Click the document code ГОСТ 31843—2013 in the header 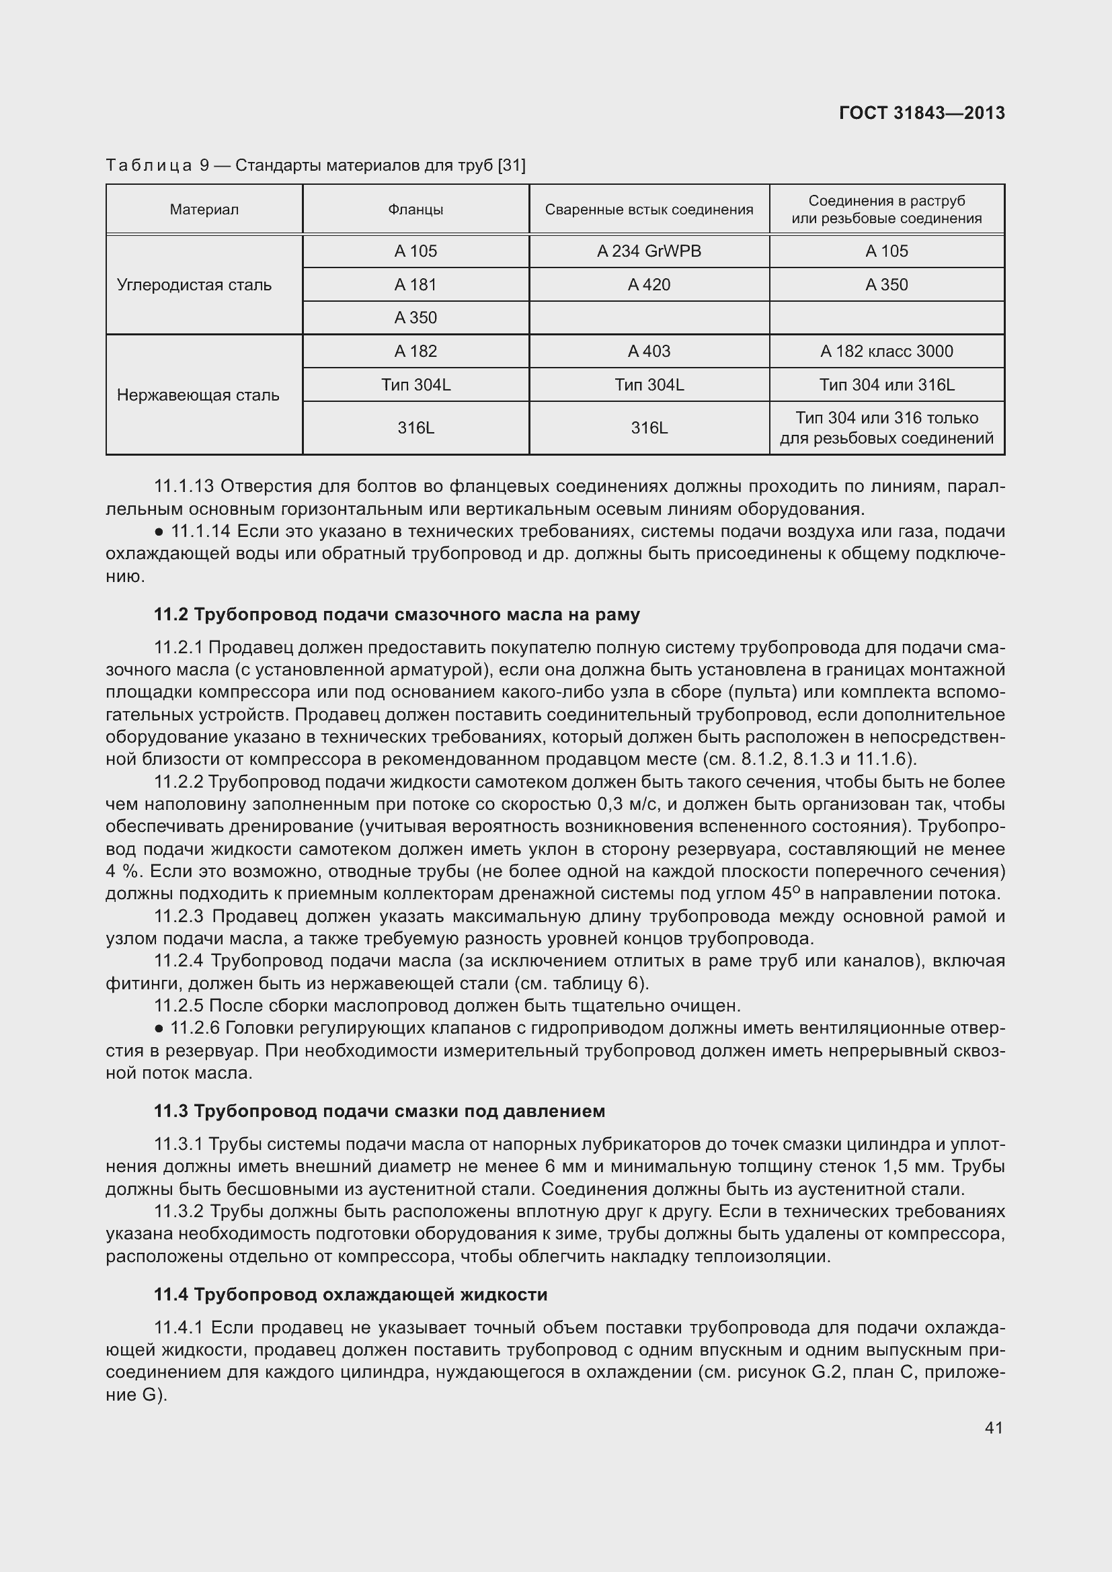point(922,113)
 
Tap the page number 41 point(994,1428)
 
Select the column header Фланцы point(415,210)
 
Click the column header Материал point(204,210)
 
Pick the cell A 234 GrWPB point(649,251)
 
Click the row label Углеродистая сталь point(194,285)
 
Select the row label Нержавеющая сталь point(198,395)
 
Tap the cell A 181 point(415,285)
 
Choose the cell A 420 point(649,285)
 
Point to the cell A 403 point(649,351)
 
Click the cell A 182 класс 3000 point(887,351)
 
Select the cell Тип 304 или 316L point(887,385)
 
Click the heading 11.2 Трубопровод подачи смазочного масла point(397,614)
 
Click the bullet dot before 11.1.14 point(159,532)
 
